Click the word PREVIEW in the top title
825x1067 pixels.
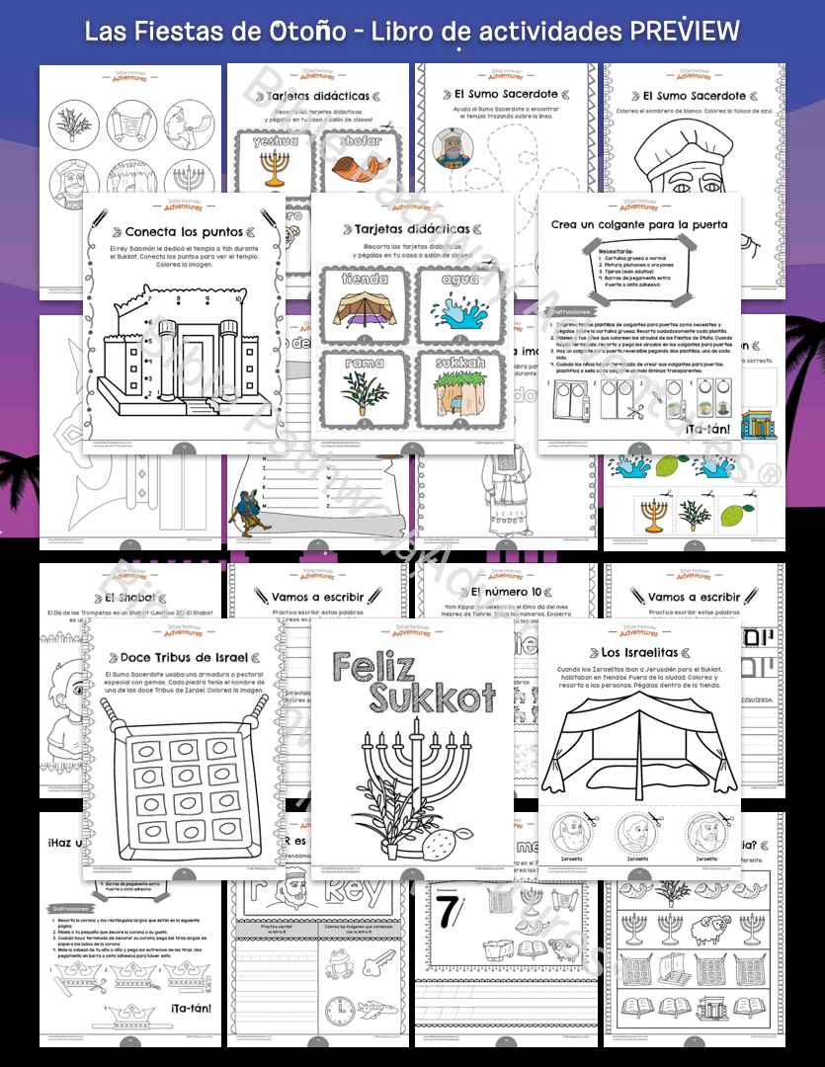point(685,31)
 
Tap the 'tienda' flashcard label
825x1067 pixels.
point(365,279)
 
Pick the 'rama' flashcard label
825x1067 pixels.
point(364,363)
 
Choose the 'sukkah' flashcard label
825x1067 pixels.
point(462,363)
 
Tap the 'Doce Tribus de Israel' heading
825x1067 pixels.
point(184,657)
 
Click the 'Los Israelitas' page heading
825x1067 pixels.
point(641,652)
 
